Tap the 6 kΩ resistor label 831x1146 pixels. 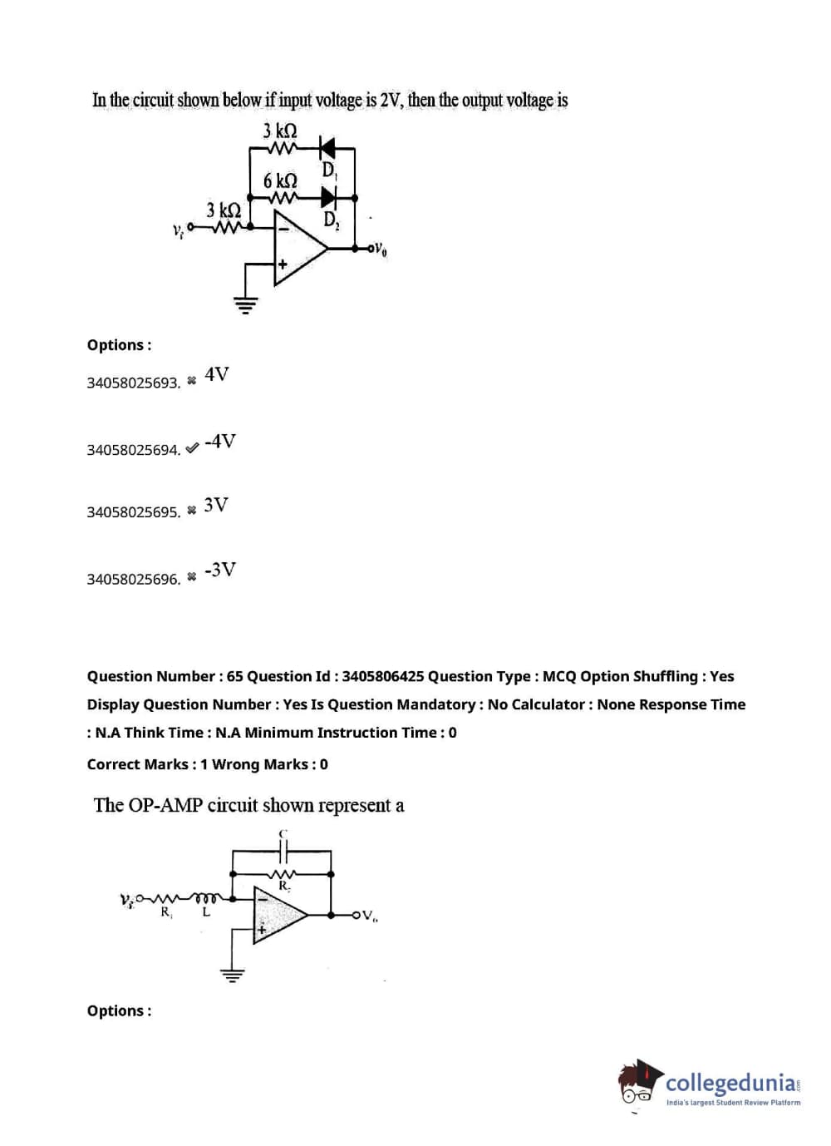point(280,180)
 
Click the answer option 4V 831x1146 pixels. point(217,374)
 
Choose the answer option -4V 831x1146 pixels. point(220,441)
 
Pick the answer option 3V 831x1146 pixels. point(216,505)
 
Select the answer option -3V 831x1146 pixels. point(220,570)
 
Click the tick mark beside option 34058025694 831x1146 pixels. point(192,448)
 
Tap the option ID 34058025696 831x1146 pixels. point(133,579)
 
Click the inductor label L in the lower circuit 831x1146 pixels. point(206,912)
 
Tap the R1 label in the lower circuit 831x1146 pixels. point(166,912)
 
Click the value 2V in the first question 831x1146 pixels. point(391,101)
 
